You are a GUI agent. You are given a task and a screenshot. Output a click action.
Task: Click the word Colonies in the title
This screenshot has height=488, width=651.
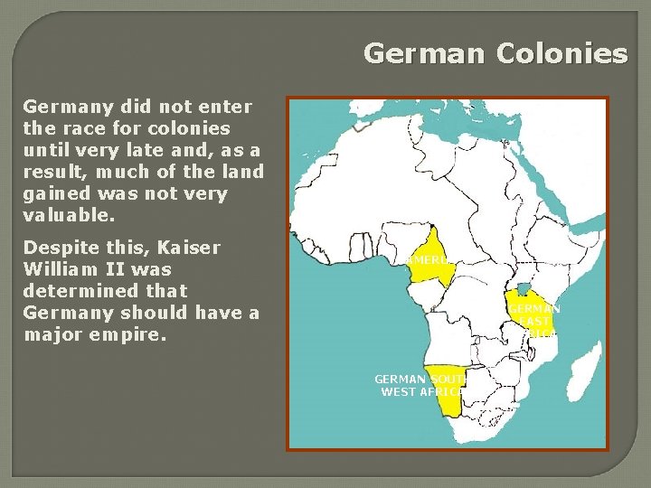pos(561,54)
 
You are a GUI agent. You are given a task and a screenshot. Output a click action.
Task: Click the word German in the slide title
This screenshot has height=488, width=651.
pos(424,54)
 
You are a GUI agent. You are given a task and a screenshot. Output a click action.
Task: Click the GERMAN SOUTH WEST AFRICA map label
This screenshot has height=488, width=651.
pos(419,386)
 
